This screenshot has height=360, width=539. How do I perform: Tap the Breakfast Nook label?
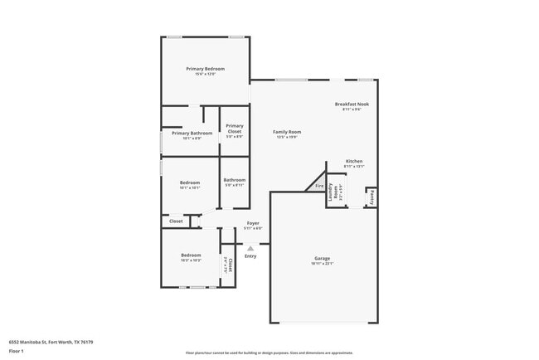352,104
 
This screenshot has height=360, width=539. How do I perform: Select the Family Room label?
288,131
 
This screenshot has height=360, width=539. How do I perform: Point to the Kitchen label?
354,161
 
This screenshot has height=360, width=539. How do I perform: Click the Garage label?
322,258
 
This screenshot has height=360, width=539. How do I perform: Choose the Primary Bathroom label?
192,133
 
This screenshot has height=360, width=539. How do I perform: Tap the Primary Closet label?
235,128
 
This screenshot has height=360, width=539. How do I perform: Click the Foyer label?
253,223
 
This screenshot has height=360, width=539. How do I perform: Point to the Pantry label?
371,197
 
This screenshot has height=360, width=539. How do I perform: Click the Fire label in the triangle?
319,187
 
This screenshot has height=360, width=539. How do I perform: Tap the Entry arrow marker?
250,246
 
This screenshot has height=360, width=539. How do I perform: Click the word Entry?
250,255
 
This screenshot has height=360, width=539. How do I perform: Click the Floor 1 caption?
17,351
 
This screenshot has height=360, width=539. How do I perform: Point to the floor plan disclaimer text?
269,353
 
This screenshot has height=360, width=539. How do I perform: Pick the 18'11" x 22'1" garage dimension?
322,265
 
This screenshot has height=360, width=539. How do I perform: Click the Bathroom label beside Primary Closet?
235,180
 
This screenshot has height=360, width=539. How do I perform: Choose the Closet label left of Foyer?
176,221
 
